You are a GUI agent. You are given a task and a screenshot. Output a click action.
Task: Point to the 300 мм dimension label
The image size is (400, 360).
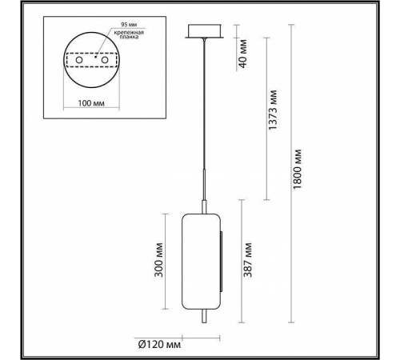click(159, 262)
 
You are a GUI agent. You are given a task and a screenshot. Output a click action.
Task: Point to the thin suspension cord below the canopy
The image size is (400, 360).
click(206, 104)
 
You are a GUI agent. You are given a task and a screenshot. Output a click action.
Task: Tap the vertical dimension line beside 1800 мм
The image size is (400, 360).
click(288, 168)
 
